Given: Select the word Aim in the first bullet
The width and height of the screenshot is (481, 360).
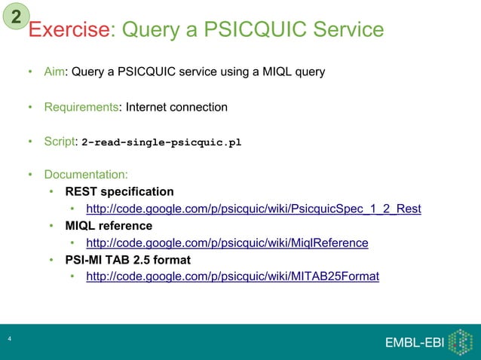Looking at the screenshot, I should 54,72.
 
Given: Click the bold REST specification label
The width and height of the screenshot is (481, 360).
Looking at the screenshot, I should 120,191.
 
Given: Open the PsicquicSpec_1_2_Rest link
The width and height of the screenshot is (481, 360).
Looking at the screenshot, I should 253,209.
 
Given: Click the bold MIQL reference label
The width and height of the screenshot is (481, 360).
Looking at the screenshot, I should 109,225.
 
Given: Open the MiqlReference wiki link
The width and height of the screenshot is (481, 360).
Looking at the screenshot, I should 227,243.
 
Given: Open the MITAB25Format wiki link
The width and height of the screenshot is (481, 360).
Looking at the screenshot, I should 233,276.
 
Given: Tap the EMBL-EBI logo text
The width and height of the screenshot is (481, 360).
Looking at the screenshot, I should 414,343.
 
